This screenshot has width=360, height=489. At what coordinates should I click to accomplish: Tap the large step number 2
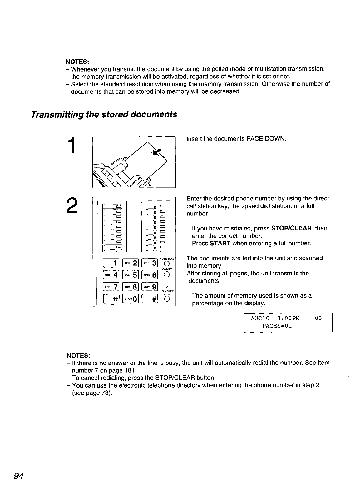[72, 205]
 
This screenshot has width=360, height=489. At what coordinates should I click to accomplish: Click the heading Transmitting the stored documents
[104, 114]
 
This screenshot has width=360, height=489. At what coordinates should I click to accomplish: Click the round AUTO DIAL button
[166, 263]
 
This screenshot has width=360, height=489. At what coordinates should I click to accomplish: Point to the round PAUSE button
[166, 275]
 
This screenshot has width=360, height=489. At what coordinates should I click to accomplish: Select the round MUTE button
[166, 299]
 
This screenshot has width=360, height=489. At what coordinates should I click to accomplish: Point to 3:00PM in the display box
[288, 318]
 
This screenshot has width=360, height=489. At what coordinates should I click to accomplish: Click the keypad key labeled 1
[112, 263]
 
